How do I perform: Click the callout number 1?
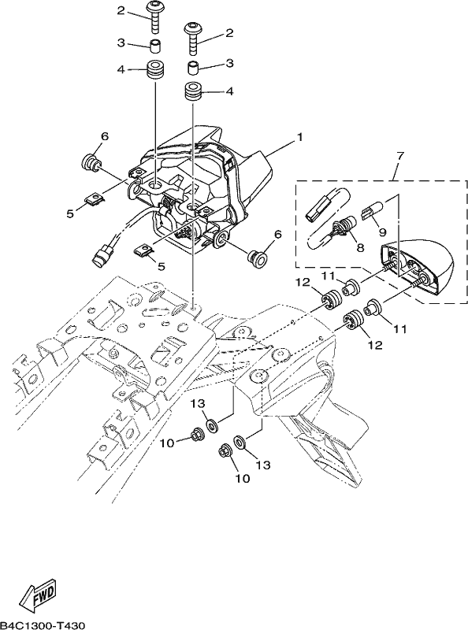coord(299,138)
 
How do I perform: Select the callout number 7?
coord(399,156)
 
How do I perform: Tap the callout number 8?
coord(360,248)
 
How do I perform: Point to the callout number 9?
coord(382,232)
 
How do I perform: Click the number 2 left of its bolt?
coord(121,11)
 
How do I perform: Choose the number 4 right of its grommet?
coord(229,91)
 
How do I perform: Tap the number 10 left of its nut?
coord(168,443)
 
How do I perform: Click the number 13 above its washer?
coord(201,403)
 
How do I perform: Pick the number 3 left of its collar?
coord(121,43)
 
